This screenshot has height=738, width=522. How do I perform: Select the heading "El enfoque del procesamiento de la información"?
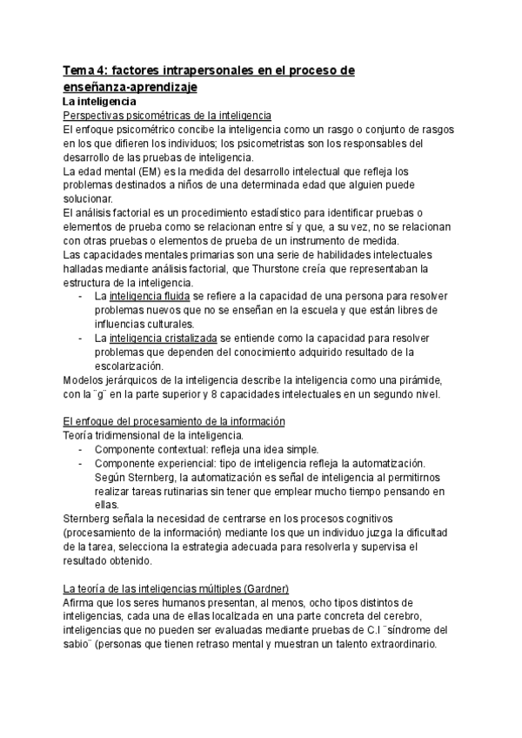[x=174, y=421]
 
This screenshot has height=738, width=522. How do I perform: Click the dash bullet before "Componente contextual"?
[x=81, y=448]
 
